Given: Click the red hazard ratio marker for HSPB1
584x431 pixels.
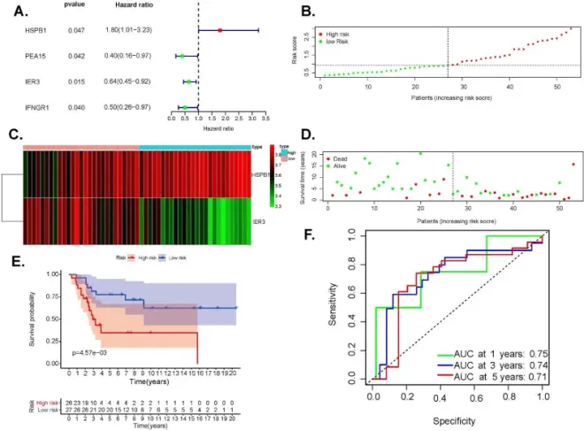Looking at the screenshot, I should click(219, 30).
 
